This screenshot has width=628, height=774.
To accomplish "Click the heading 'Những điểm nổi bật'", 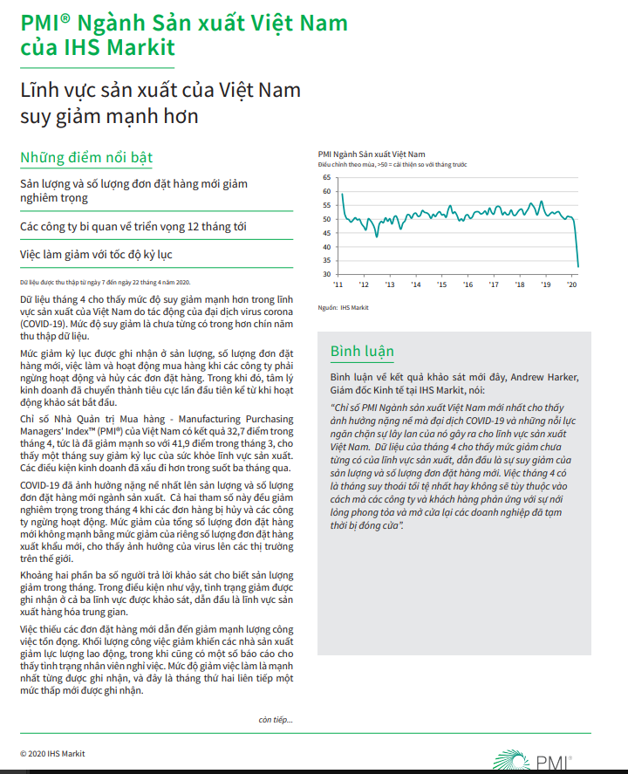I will tap(86, 158).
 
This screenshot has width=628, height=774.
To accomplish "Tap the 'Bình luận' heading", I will tap(362, 352).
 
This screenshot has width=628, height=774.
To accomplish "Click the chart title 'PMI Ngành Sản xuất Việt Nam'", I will tap(372, 154).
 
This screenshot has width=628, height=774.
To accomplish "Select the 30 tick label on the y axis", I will tap(326, 275).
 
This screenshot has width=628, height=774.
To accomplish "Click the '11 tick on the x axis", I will tap(339, 284).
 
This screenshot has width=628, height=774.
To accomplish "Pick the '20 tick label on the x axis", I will tap(572, 284).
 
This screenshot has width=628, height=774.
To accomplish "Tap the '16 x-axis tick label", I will tap(468, 284).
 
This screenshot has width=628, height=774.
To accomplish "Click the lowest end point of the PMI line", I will tap(579, 266).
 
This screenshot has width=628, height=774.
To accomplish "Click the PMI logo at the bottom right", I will tap(533, 759).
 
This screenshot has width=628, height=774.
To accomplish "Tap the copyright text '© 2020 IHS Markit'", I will tap(52, 753).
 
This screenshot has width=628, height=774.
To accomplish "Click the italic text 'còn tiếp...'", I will tap(276, 719).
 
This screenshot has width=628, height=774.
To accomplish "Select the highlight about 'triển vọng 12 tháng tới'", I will tap(133, 227).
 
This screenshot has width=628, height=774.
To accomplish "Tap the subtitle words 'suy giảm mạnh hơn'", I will tap(109, 115).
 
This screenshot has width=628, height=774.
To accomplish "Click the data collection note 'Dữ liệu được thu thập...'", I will tap(105, 283).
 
